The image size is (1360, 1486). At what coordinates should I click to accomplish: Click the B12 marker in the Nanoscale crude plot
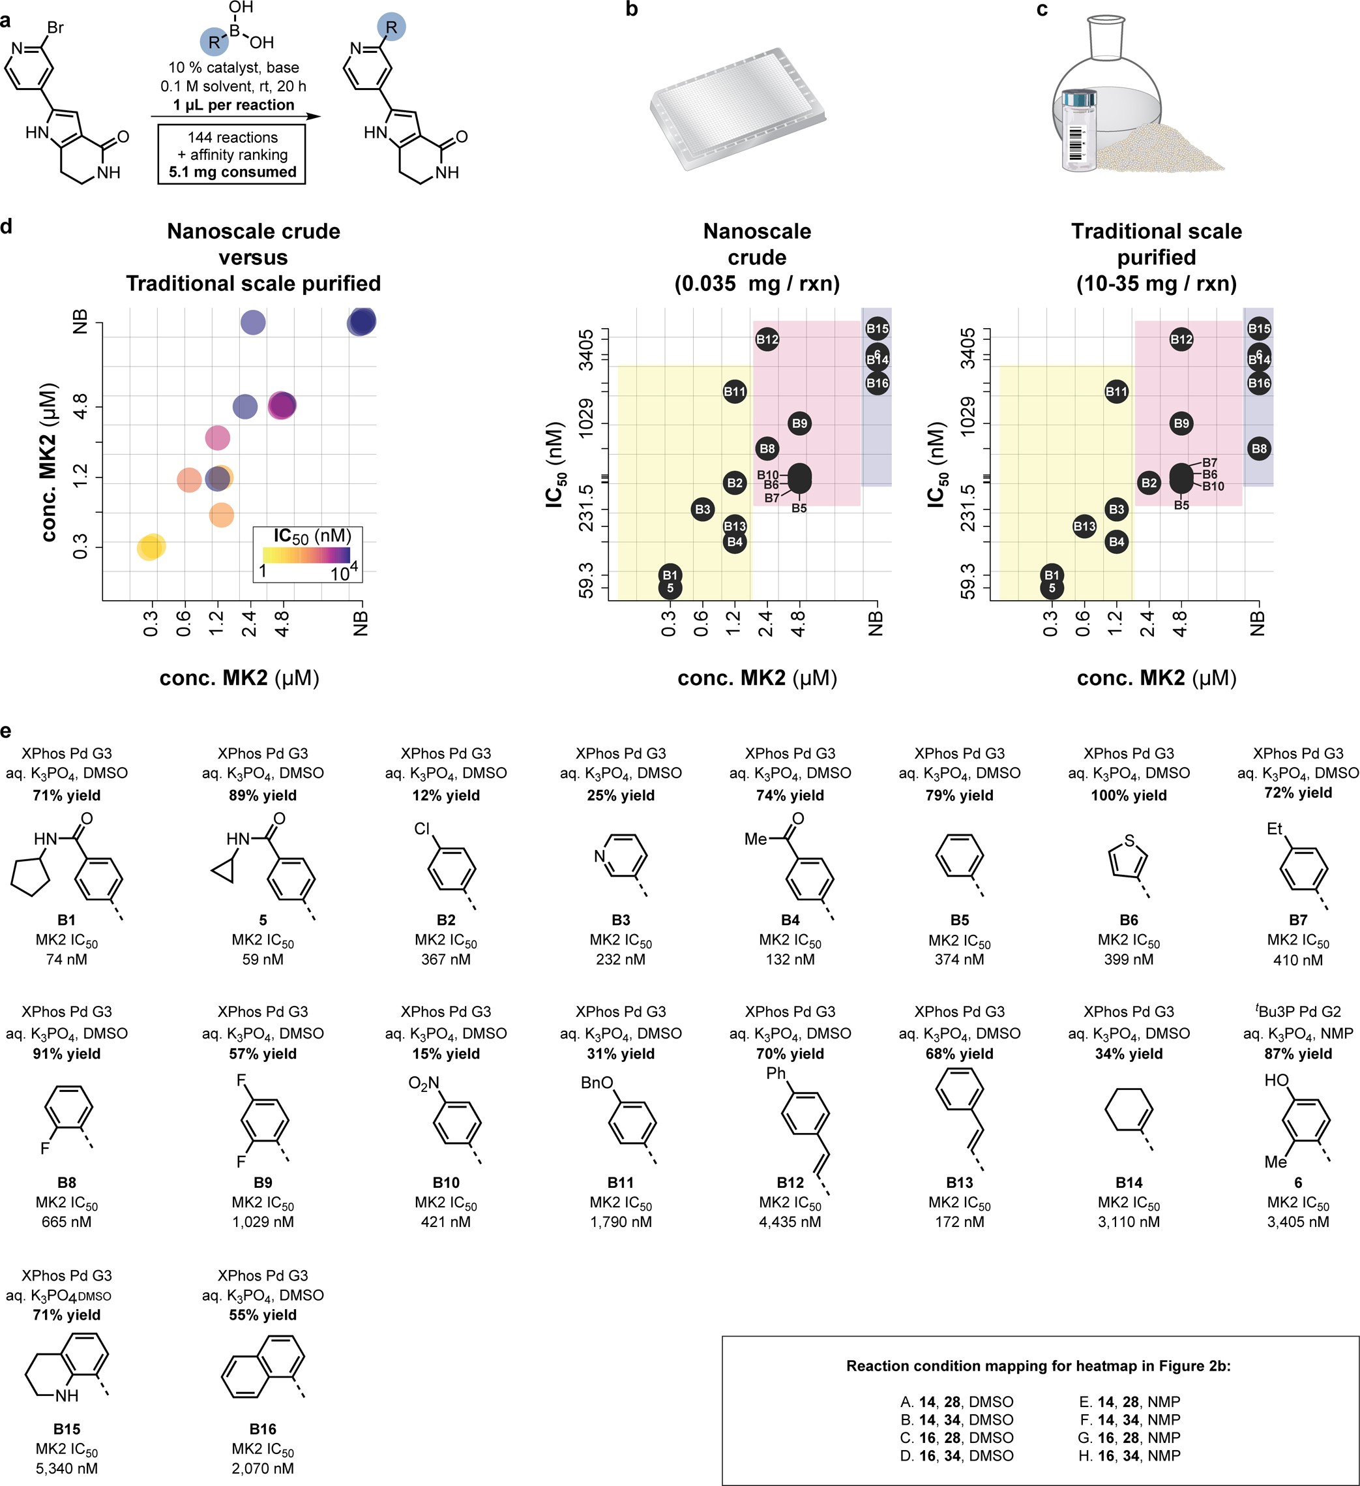coord(767,340)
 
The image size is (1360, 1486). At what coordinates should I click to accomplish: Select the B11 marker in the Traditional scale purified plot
coord(1116,391)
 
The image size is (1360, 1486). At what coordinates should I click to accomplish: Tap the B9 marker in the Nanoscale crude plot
coord(799,423)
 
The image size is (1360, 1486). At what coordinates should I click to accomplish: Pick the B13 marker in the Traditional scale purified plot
coord(1084,526)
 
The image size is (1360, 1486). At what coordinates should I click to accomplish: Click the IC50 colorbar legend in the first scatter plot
coord(306,554)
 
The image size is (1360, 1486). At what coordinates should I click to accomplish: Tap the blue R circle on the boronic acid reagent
coord(214,42)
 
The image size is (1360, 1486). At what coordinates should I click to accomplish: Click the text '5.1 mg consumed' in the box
coord(232,172)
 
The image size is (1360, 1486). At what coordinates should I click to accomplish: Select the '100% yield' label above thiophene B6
coord(1129,795)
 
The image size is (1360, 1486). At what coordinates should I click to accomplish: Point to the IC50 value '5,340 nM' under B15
coord(67,1468)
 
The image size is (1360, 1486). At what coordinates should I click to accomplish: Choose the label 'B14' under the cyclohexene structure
coord(1129,1182)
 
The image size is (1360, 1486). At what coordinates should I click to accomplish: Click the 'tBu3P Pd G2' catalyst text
coord(1298,1012)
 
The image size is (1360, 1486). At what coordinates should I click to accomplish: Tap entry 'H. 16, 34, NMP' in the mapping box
coord(1129,1456)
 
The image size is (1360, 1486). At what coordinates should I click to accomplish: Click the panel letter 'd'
coord(7,226)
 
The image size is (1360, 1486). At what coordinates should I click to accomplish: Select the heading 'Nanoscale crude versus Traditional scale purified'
coord(253,257)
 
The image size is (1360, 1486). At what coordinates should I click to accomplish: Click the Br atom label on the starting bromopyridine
coord(55,28)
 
